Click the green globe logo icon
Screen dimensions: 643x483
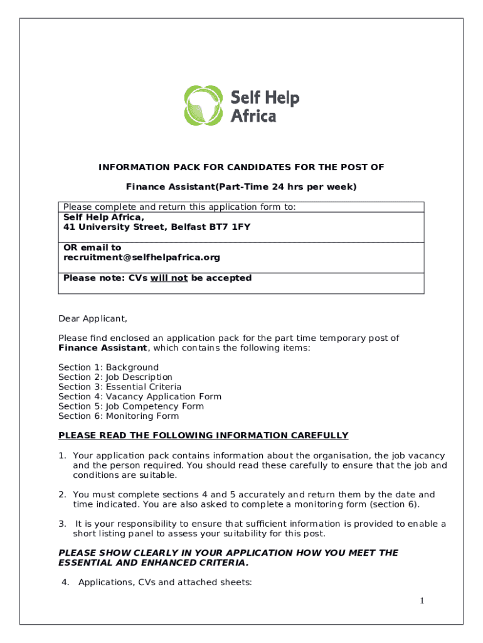204,105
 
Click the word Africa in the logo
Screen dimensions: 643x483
253,116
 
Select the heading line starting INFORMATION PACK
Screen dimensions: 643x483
241,167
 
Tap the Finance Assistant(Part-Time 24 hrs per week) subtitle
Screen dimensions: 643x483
241,186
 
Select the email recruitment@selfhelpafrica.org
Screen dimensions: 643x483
142,257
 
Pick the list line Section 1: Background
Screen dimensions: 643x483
109,367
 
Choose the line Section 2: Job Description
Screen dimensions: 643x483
115,377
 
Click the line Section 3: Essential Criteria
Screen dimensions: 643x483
120,387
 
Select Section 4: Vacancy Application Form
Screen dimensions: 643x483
140,396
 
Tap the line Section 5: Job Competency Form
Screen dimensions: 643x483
131,406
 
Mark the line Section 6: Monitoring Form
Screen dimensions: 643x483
119,416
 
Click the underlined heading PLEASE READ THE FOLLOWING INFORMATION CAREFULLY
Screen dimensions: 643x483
203,435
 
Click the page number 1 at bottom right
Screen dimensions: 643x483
422,602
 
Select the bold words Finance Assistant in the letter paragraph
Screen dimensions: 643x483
103,348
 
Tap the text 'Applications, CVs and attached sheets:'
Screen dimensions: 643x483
164,582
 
